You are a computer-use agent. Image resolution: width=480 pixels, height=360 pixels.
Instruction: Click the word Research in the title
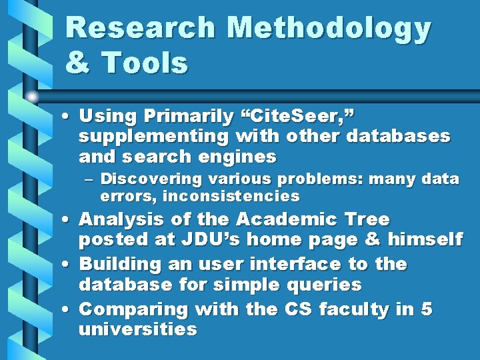(141, 29)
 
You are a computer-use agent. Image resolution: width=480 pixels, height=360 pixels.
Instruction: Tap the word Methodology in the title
(329, 29)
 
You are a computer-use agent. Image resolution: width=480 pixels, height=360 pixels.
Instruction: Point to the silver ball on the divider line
(32, 96)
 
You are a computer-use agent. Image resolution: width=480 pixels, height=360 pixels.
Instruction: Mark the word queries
(329, 285)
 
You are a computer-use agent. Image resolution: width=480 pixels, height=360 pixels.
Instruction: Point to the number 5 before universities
(427, 309)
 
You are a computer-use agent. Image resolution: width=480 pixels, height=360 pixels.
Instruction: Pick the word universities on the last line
(138, 329)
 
